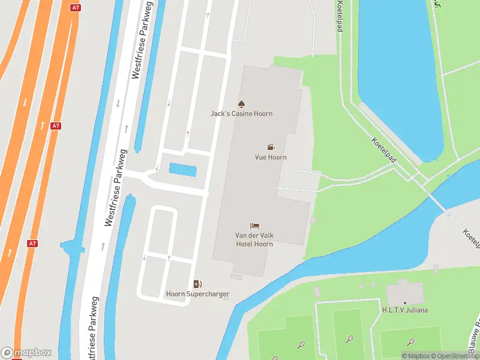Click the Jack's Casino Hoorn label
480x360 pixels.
pos(241,113)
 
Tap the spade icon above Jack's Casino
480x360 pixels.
pos(241,104)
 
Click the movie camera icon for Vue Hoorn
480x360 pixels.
pos(271,147)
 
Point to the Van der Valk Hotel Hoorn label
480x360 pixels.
pos(254,240)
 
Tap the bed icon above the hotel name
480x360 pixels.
pos(255,226)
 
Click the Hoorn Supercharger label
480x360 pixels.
pos(197,294)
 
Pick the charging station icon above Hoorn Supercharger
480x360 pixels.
pos(197,284)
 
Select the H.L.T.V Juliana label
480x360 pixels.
pos(405,310)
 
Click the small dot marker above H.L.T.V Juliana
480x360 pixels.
pos(405,302)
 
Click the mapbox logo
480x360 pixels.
pos(26,353)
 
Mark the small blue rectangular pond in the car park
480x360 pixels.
pos(182,170)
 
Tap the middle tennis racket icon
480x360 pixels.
pos(349,338)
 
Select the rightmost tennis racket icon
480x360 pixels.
pos(410,341)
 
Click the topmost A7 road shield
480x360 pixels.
pos(75,8)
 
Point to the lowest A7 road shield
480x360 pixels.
pos(33,244)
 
